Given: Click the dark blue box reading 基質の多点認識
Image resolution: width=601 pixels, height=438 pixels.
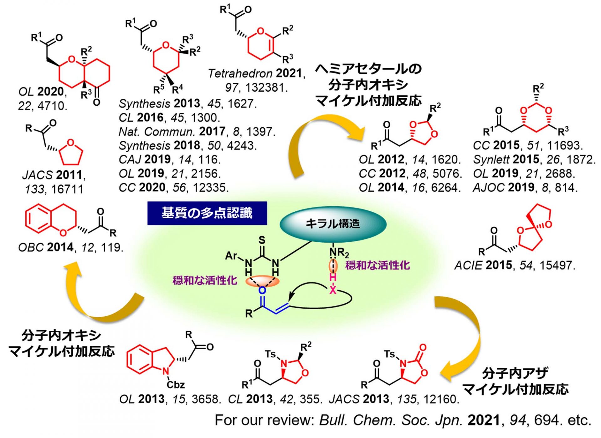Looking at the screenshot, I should tap(207, 213).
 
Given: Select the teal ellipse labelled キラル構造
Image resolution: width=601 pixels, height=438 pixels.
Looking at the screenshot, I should tap(333, 224).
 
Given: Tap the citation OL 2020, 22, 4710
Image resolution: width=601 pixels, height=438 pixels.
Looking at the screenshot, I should tap(43, 98).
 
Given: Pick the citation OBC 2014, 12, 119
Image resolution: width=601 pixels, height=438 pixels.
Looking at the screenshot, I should tap(71, 248).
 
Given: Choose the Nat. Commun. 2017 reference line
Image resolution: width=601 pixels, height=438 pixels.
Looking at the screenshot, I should tap(197, 132).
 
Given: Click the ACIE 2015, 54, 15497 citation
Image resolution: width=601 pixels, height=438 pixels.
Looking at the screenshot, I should tap(515, 265).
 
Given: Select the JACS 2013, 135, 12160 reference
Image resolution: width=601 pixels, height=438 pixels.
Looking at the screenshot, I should tap(394, 399).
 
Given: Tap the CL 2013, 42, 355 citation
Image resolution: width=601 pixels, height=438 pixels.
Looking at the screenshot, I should tap(275, 399).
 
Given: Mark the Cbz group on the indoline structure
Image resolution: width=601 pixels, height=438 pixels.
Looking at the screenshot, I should tap(176, 384).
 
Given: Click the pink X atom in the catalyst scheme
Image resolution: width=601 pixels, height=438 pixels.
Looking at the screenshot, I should tap(333, 290).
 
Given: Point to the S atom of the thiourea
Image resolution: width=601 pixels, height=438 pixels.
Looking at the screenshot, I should tap(262, 240).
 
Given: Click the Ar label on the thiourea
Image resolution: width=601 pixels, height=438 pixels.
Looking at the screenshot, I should tap(231, 256).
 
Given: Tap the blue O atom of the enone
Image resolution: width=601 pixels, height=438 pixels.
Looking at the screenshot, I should tap(262, 291).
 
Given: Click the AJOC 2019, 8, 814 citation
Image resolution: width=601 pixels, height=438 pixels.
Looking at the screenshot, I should tap(525, 188).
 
